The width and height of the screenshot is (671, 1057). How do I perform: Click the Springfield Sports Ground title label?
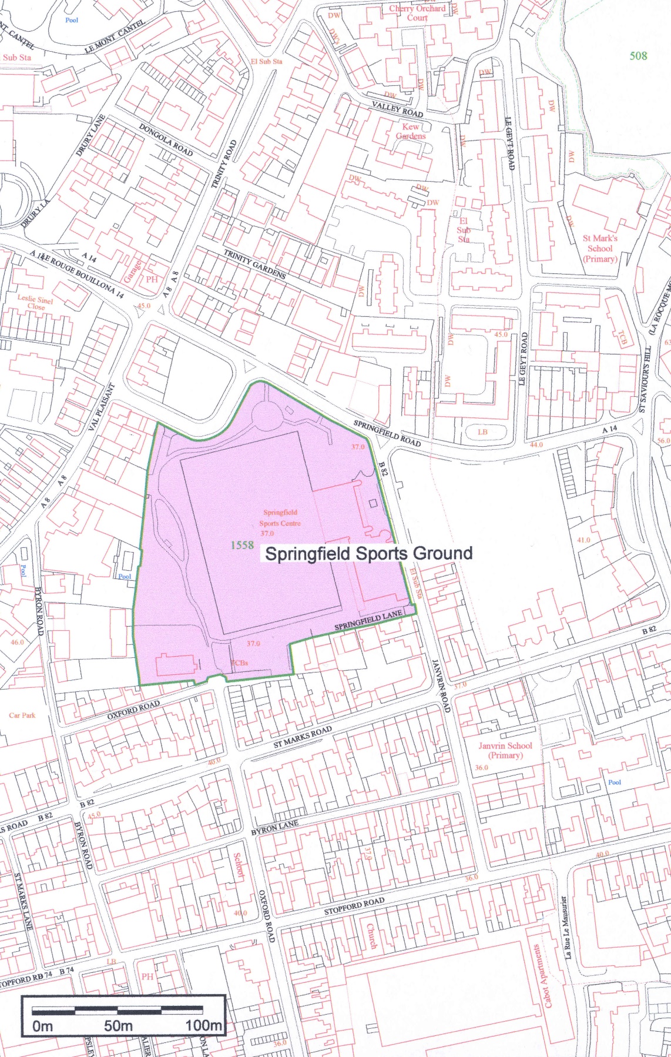point(368,553)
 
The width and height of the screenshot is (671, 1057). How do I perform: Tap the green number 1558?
point(241,545)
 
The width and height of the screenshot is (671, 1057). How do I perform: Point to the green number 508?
point(638,56)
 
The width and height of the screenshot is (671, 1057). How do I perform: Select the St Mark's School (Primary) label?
point(600,248)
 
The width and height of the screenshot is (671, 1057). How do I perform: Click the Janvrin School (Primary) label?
point(505,750)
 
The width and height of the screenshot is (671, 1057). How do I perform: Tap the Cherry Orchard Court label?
point(417,13)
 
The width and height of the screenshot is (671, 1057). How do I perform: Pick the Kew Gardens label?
point(410,131)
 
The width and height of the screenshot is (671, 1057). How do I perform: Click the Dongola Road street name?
point(166,139)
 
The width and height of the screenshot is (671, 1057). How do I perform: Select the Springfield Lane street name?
point(368,620)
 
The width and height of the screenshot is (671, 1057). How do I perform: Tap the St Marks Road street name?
point(303,737)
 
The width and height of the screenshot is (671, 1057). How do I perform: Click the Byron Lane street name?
point(274,827)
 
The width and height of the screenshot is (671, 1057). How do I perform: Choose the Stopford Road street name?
point(354,906)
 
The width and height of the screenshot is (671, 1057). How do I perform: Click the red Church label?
point(371,936)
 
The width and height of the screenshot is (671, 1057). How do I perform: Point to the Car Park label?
point(22,715)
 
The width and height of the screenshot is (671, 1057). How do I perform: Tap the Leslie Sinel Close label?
point(35,302)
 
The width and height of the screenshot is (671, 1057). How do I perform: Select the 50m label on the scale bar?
point(118,1026)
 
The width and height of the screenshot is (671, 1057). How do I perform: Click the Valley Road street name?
point(397,108)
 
